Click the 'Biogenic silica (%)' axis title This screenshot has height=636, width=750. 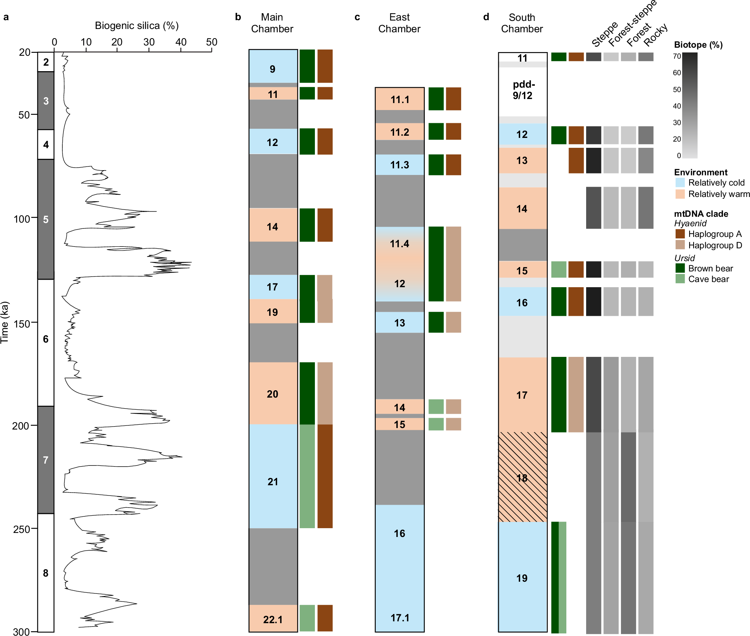point(136,26)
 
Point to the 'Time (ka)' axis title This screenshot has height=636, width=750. point(5,322)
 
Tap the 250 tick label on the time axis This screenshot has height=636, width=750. point(21,529)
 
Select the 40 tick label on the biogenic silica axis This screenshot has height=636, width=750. point(180,42)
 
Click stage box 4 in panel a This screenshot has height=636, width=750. point(46,145)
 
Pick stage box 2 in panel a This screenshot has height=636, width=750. point(46,62)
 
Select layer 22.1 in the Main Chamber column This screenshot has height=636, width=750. point(273,619)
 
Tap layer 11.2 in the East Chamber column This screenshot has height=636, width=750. point(400,132)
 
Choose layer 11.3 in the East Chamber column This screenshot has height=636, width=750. point(400,165)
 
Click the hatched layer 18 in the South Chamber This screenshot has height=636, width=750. point(522,477)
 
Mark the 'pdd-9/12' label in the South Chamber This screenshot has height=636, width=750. point(523,90)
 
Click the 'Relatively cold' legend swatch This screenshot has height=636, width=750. point(680,183)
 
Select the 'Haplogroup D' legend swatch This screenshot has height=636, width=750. point(680,245)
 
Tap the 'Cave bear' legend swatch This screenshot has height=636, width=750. point(680,279)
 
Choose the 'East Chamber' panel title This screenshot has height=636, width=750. point(399,23)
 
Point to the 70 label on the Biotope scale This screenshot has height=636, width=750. point(677,56)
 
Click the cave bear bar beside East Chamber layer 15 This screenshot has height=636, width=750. point(436,424)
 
